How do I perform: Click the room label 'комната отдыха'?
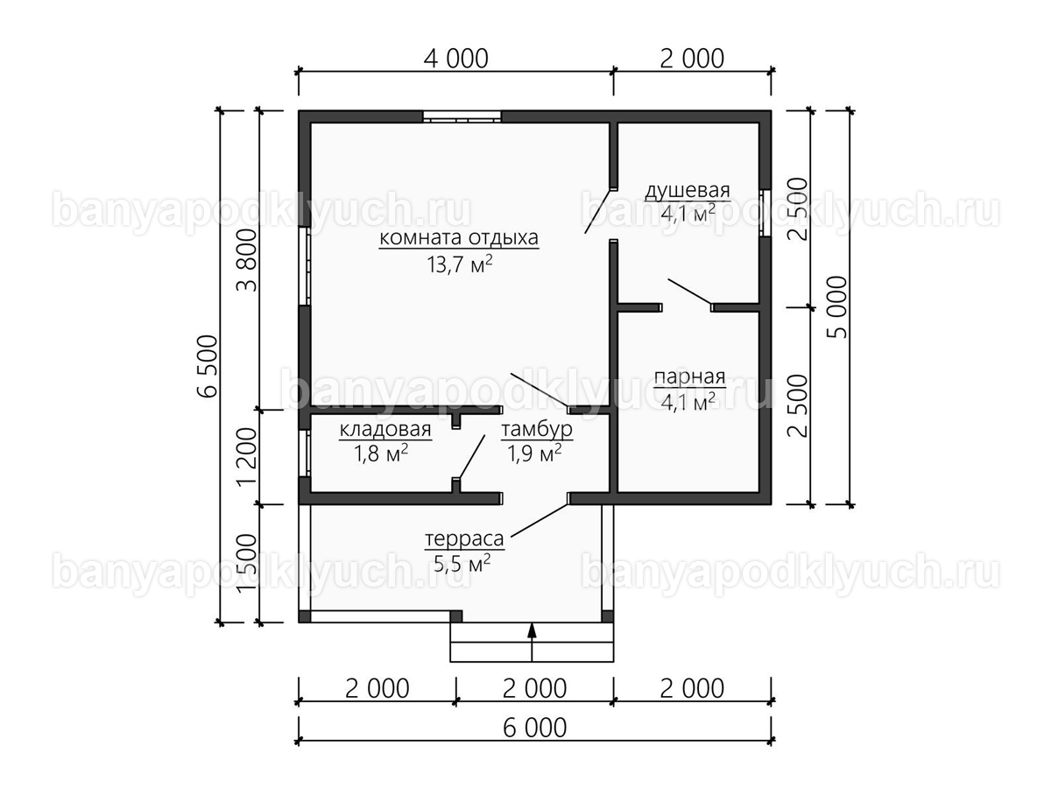(x=459, y=238)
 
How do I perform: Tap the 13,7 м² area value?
(x=460, y=264)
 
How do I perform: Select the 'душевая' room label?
(x=688, y=190)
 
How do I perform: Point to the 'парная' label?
(x=689, y=377)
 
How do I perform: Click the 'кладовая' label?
(x=385, y=430)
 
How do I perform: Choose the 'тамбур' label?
(x=537, y=430)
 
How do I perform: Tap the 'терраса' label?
(x=464, y=539)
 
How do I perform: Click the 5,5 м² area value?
(x=462, y=564)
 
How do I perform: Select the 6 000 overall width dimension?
(x=535, y=728)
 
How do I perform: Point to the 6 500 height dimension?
(x=208, y=367)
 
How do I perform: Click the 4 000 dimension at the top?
(x=455, y=59)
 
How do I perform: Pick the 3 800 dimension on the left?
(x=247, y=261)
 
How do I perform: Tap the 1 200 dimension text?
(x=247, y=456)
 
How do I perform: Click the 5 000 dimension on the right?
(x=837, y=307)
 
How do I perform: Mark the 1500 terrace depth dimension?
(x=247, y=563)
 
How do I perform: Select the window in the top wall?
(x=462, y=116)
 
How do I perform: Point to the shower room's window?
(x=765, y=213)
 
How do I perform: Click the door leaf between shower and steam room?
(x=689, y=292)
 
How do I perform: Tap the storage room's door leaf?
(x=471, y=456)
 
